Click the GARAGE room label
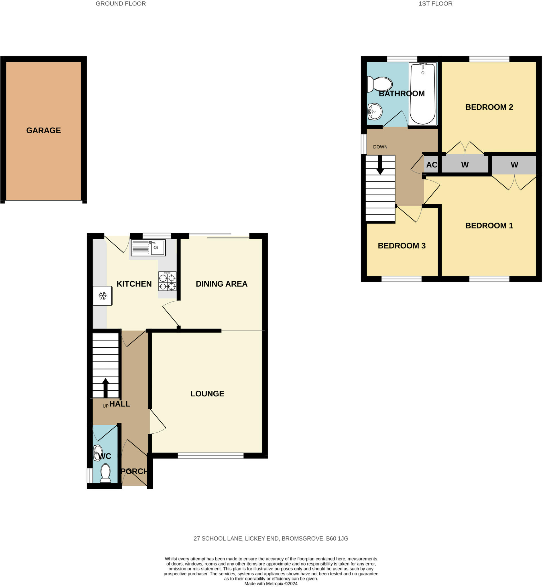tap(44, 130)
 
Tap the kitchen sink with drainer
tap(148, 247)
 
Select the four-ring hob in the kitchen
tap(167, 281)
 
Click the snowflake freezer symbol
tap(102, 296)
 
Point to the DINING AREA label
tap(222, 284)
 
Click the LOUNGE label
tap(207, 394)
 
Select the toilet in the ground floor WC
tap(105, 473)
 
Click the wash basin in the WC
tap(98, 453)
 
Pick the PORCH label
tap(134, 471)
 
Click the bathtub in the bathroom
tap(422, 94)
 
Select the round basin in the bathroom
tap(375, 112)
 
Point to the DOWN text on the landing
tap(380, 147)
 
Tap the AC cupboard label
tap(432, 165)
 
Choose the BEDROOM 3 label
tap(402, 246)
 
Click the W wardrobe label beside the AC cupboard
tap(465, 165)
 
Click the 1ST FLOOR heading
tap(435, 3)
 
